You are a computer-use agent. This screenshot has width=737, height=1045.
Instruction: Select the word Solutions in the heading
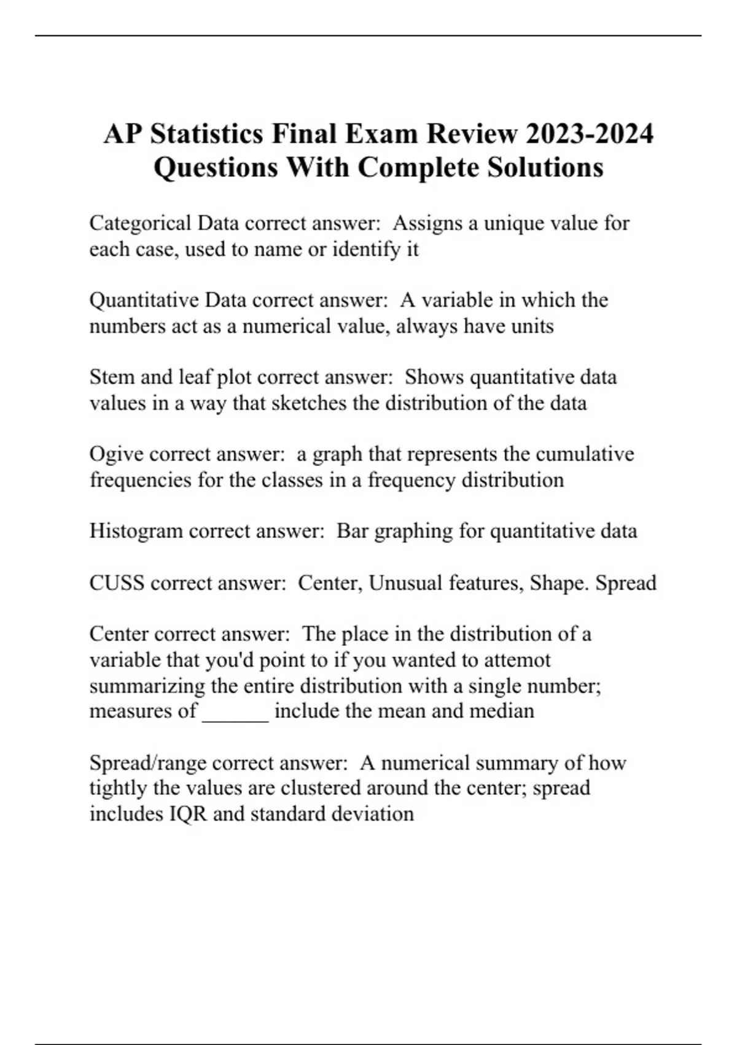[x=545, y=167]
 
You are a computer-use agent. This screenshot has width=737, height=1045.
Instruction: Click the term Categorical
[x=140, y=223]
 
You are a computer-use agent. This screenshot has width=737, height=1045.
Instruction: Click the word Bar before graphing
[x=352, y=530]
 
